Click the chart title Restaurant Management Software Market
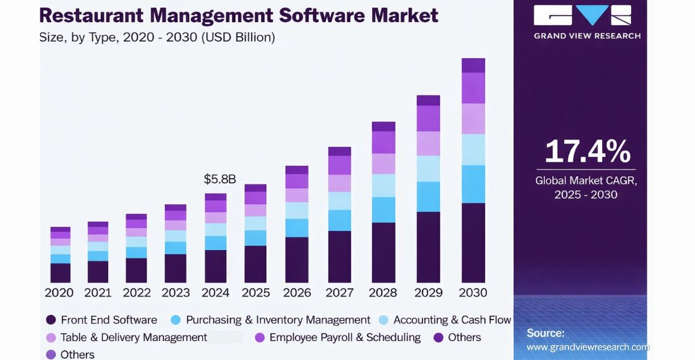pyautogui.click(x=239, y=15)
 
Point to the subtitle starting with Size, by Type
pyautogui.click(x=157, y=38)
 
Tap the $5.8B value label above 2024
pyautogui.click(x=219, y=179)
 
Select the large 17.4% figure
pyautogui.click(x=587, y=152)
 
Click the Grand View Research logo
pyautogui.click(x=587, y=22)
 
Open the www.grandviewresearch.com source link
pyautogui.click(x=588, y=347)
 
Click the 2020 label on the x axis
pyautogui.click(x=59, y=292)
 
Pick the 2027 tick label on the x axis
pyautogui.click(x=339, y=292)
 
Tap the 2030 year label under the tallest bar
pyautogui.click(x=473, y=292)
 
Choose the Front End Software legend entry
pyautogui.click(x=108, y=320)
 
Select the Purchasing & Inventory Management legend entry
pyautogui.click(x=278, y=320)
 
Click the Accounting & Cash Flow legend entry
pyautogui.click(x=452, y=320)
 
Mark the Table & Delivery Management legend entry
pyautogui.click(x=133, y=337)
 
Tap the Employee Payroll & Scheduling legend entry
pyautogui.click(x=344, y=337)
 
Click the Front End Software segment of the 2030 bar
pyautogui.click(x=473, y=243)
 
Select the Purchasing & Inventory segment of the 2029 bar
pyautogui.click(x=428, y=196)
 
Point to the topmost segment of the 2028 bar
pyautogui.click(x=383, y=126)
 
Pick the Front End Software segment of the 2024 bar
pyautogui.click(x=215, y=266)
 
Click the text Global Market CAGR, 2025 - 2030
pyautogui.click(x=586, y=188)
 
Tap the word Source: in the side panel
pyautogui.click(x=545, y=333)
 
